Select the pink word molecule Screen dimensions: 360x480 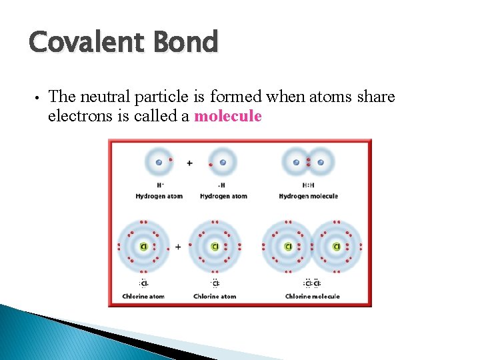click(x=227, y=116)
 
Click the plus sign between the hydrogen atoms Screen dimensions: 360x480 click(x=190, y=163)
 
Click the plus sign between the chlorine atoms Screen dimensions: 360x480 click(x=178, y=247)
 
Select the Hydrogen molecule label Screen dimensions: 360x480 click(x=308, y=196)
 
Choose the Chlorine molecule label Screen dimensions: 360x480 click(x=312, y=296)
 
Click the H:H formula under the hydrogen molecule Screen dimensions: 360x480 click(x=308, y=185)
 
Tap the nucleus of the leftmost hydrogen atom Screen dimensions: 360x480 click(x=159, y=162)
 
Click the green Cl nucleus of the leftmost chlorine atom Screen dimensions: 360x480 click(x=143, y=247)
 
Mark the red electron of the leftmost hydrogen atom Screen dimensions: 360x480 click(x=171, y=160)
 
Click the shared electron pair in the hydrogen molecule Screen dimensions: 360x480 click(x=308, y=162)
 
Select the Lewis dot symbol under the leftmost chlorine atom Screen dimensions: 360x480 click(x=143, y=283)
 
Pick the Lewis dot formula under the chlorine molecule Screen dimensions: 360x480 click(x=312, y=283)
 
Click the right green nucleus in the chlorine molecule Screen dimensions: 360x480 click(x=337, y=247)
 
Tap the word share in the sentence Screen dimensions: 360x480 click(x=376, y=97)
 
